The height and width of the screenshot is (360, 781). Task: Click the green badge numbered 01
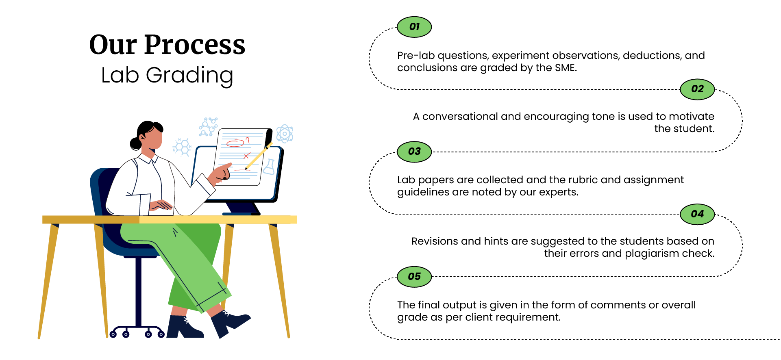pos(414,27)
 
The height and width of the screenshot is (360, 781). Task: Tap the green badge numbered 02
pos(697,89)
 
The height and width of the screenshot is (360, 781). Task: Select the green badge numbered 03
pos(414,152)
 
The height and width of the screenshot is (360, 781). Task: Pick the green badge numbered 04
pos(697,214)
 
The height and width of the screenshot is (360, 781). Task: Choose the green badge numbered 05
pos(414,277)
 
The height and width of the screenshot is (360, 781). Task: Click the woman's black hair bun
pos(135,143)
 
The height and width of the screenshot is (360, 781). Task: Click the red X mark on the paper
pos(246,156)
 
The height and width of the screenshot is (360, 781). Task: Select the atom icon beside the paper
pos(285,133)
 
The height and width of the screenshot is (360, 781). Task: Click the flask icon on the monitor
pos(269,167)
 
